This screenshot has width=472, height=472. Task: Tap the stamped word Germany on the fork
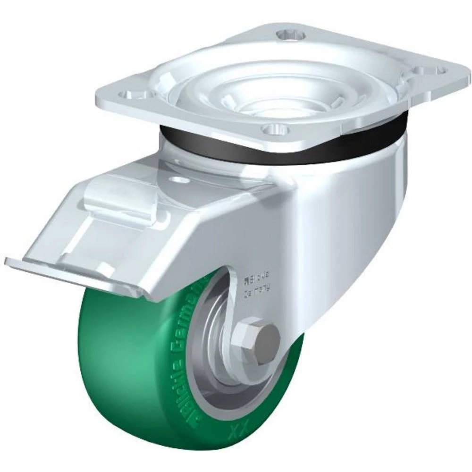coord(258,293)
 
